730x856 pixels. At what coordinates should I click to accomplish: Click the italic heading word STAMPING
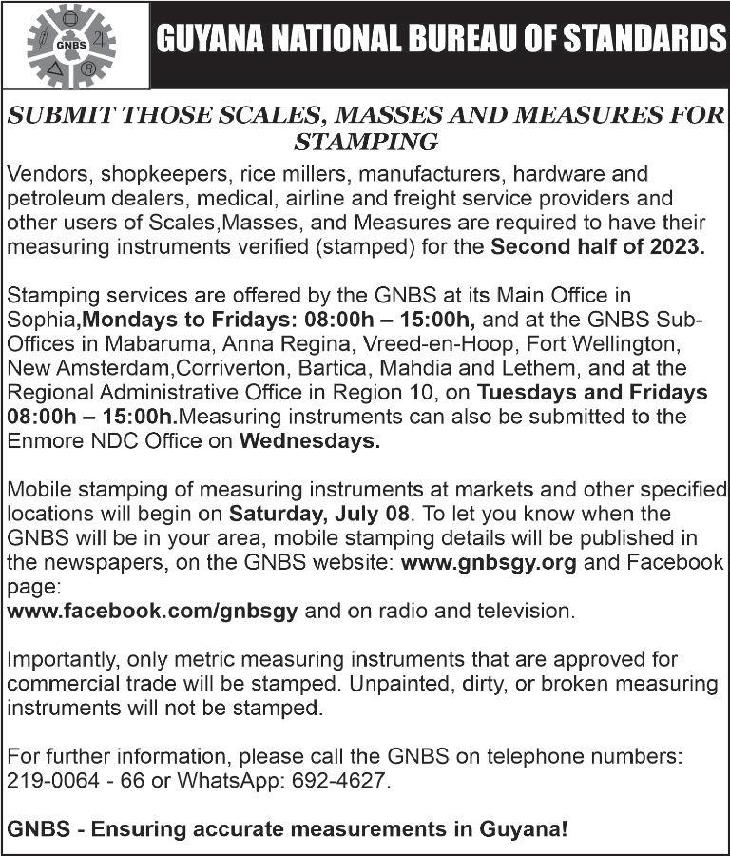[366, 143]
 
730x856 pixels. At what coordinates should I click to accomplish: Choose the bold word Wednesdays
[309, 440]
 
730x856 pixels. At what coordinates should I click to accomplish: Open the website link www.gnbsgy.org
[489, 562]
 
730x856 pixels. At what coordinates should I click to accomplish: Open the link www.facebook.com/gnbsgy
[152, 611]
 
